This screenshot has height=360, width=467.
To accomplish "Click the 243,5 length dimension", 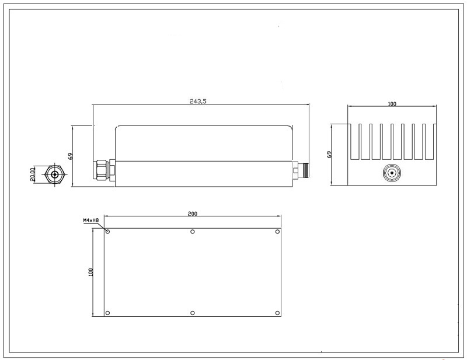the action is point(198,102).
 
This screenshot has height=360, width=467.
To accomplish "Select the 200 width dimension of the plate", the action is point(193,214).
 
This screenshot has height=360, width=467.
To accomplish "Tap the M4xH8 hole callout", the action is point(91,221).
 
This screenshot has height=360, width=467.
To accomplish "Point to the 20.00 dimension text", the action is point(33,174).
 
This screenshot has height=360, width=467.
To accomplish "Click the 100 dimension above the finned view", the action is point(392,104).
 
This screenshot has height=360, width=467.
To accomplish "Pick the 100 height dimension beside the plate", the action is point(91,272).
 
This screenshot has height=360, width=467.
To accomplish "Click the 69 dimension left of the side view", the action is point(71,156).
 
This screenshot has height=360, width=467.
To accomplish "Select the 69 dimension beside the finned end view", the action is point(329,154).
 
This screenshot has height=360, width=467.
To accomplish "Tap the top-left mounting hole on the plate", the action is point(108,232).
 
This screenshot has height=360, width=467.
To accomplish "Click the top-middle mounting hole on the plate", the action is point(193,232).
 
